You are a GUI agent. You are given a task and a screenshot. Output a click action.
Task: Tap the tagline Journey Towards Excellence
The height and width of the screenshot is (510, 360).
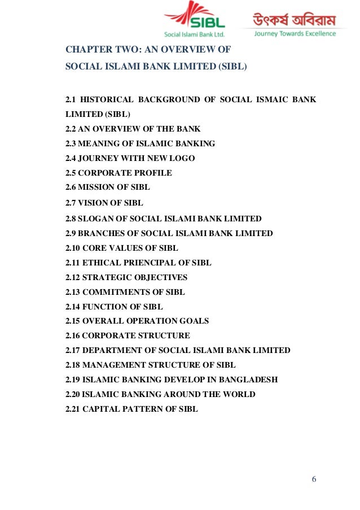(295, 33)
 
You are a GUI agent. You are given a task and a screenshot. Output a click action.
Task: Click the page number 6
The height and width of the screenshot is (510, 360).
(314, 480)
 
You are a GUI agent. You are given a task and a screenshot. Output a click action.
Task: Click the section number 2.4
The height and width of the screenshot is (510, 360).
(72, 158)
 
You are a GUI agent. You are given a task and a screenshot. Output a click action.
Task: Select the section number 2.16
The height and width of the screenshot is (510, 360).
(74, 335)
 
